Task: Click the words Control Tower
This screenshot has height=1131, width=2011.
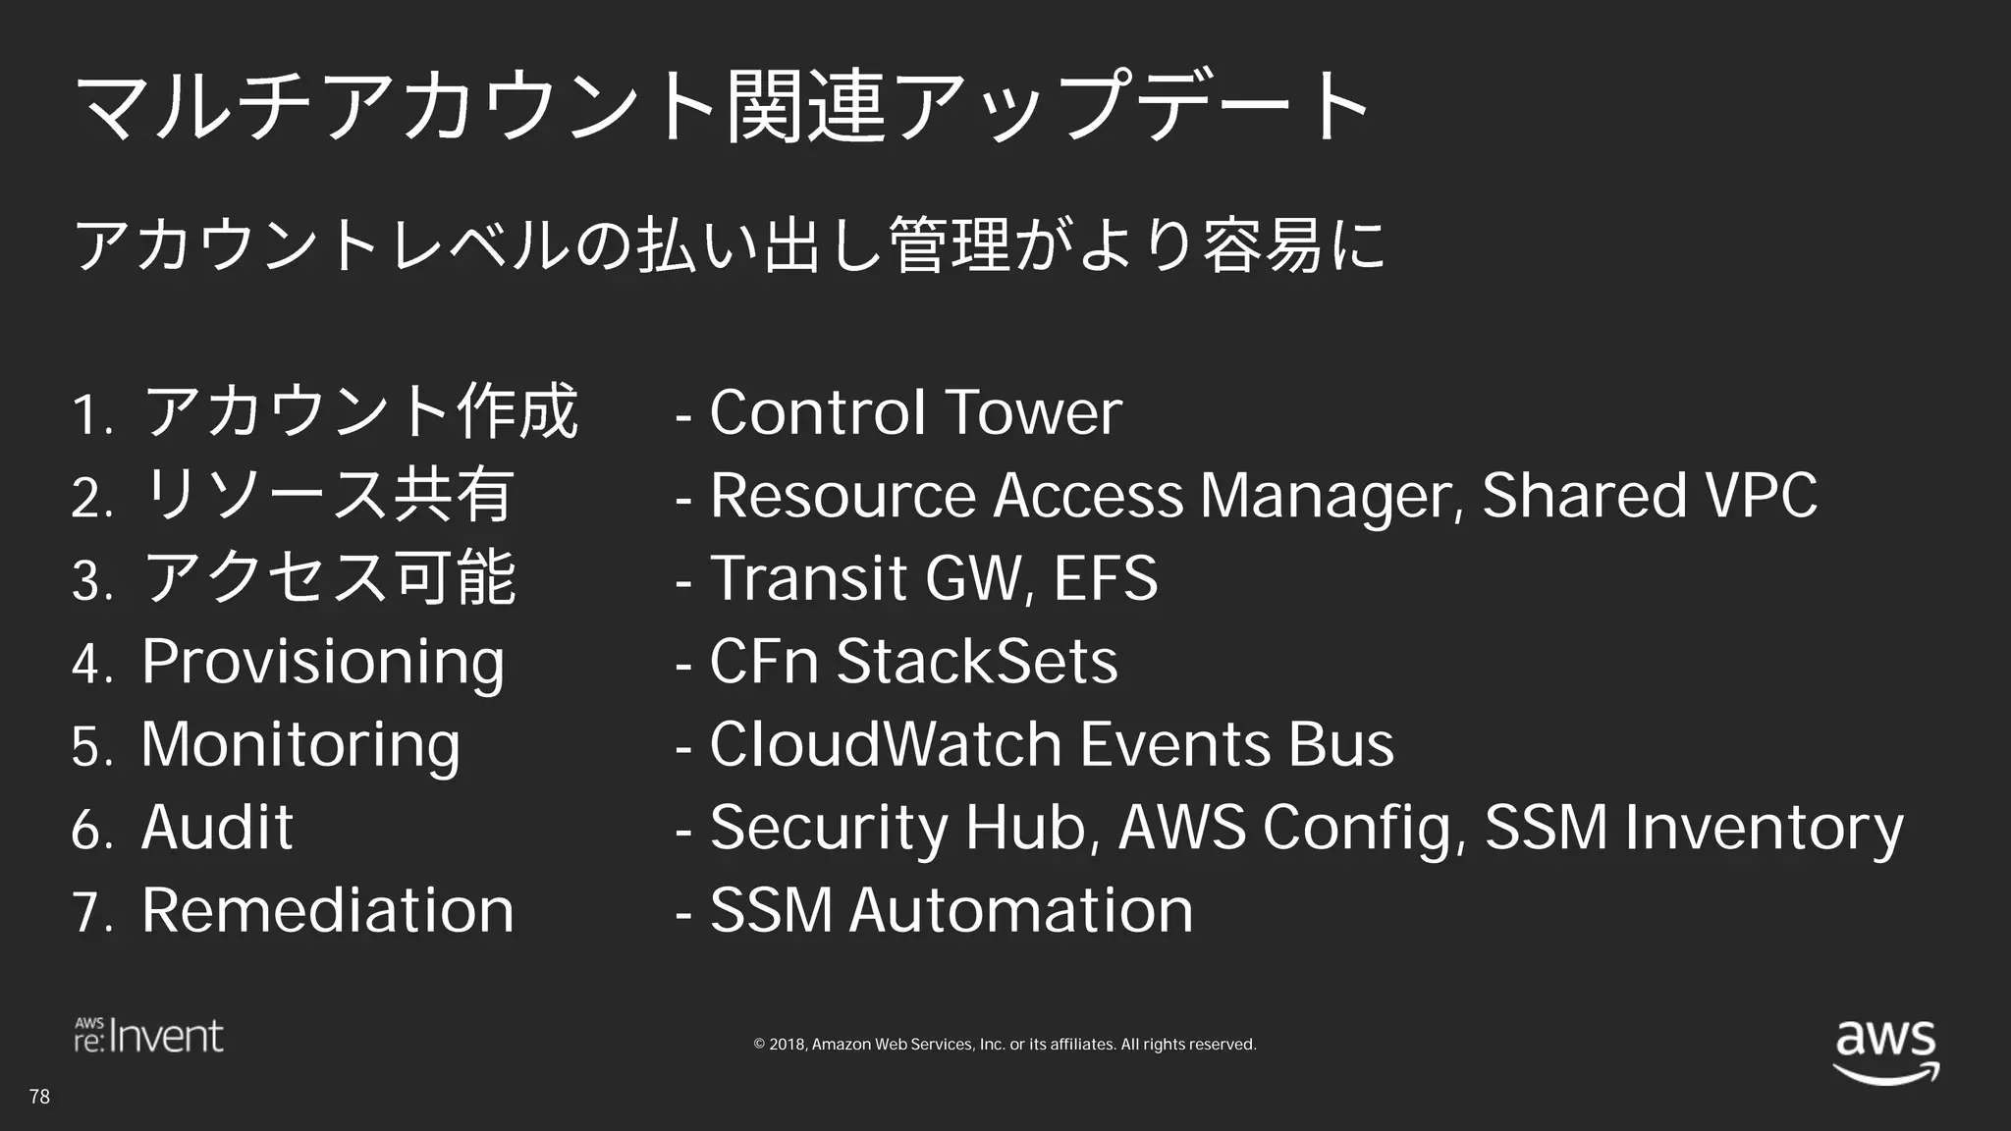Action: (915, 412)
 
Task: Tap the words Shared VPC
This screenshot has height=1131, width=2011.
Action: (1650, 496)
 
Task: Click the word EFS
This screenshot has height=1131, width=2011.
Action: (1106, 578)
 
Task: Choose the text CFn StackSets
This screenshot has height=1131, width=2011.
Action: (913, 661)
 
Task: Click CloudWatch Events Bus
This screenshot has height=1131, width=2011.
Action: (1051, 744)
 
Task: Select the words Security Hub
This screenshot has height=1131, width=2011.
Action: (898, 828)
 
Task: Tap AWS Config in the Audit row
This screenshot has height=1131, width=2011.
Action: (1284, 828)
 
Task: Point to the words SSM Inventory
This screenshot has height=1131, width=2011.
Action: (1694, 828)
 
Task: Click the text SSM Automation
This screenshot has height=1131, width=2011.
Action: (951, 910)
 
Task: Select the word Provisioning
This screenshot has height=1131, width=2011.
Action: (323, 663)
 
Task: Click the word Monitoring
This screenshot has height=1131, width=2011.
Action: (300, 745)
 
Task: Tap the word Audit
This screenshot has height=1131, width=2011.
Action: (217, 828)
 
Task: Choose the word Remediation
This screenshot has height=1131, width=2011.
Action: (327, 910)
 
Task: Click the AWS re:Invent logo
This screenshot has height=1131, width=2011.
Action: (149, 1036)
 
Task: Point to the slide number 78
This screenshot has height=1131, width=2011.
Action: (39, 1097)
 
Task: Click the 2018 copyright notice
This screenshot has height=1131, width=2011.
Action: (1005, 1045)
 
